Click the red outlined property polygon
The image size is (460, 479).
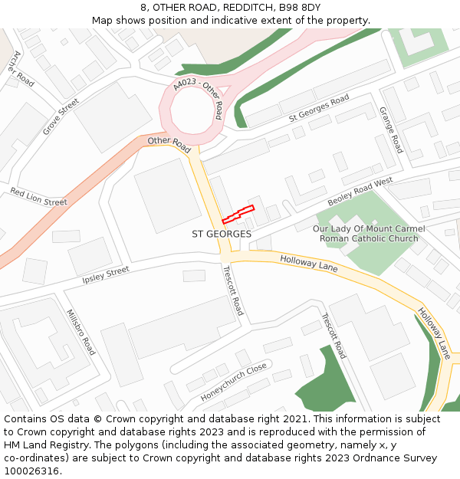coord(238,214)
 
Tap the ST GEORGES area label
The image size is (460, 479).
coord(222,234)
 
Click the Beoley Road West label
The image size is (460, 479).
coord(360,192)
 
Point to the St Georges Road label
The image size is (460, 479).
coord(319,109)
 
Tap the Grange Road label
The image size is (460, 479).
coord(391,130)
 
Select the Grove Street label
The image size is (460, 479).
coord(61,116)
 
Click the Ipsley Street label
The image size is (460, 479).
coord(106,276)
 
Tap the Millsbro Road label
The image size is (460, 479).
coord(80,331)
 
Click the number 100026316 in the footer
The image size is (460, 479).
coord(31,471)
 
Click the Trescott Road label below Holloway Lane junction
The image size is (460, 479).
coord(232,290)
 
